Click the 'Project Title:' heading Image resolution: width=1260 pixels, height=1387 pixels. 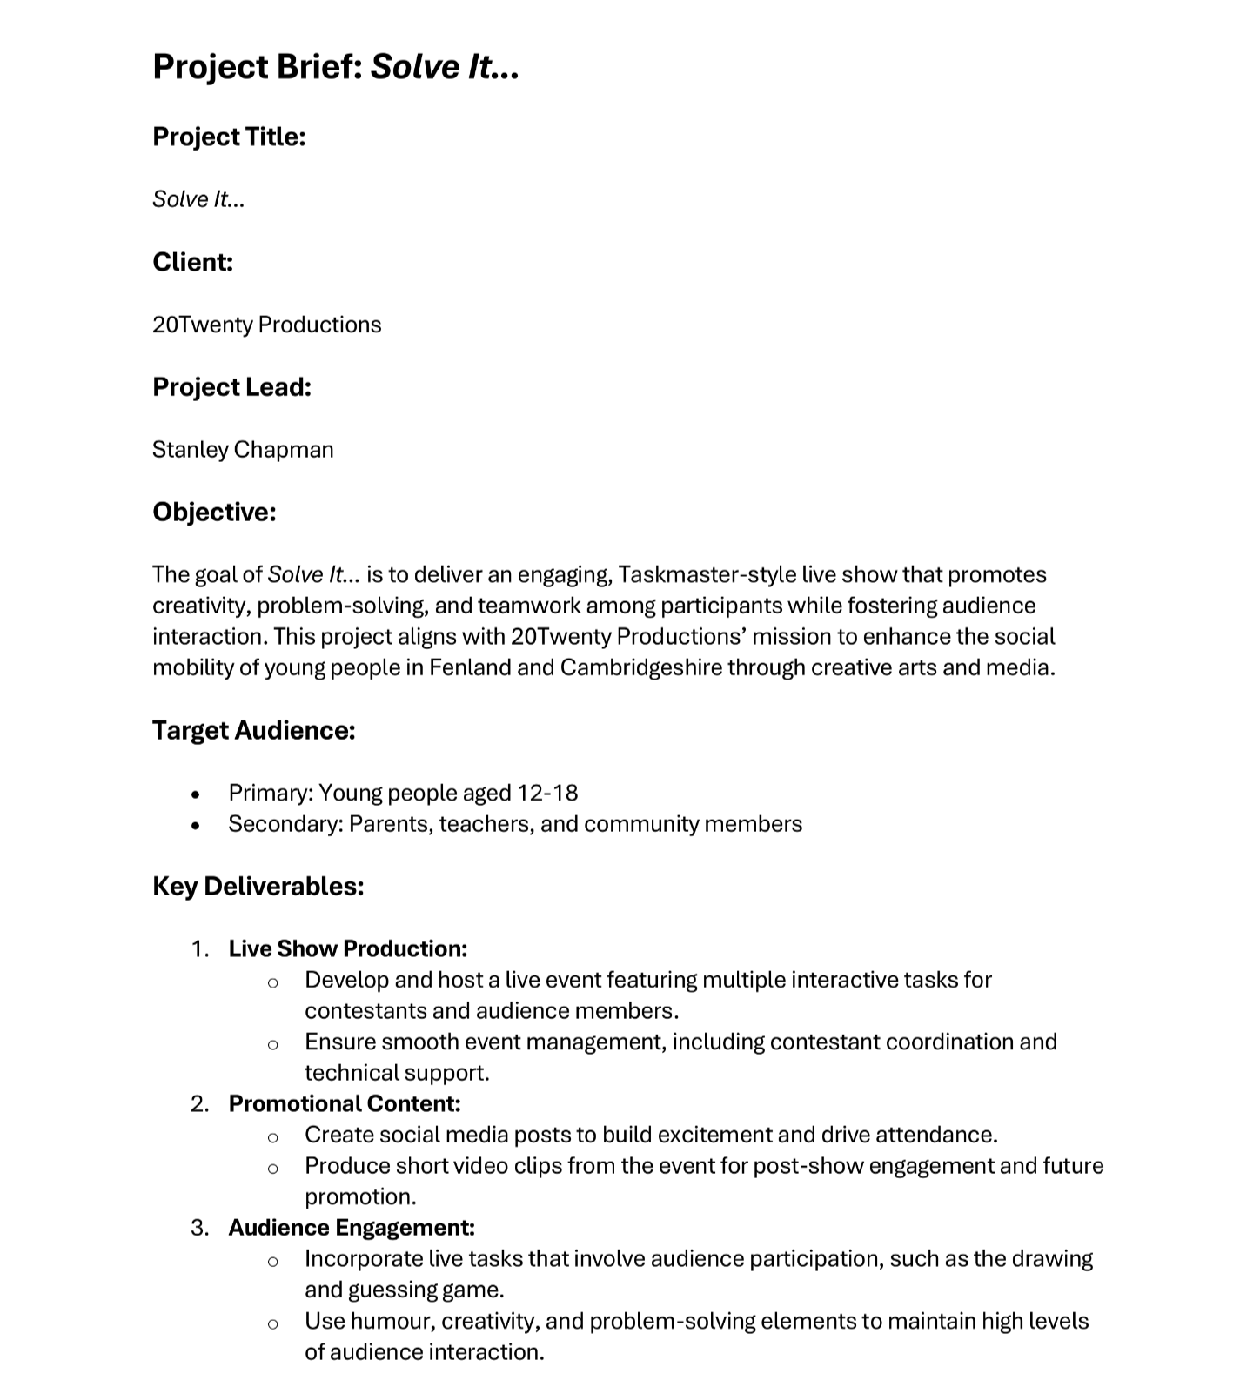click(x=229, y=137)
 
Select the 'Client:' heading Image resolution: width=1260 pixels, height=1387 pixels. click(x=192, y=262)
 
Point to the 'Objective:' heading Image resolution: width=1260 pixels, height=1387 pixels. click(x=214, y=512)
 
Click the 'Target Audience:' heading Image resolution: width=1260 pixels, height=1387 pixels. click(x=254, y=730)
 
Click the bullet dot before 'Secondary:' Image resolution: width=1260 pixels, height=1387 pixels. click(x=196, y=825)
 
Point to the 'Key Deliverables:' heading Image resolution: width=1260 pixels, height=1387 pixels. click(x=258, y=886)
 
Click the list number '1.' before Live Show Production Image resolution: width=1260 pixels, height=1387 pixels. click(x=200, y=948)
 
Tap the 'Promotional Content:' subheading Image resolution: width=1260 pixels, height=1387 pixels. click(x=345, y=1103)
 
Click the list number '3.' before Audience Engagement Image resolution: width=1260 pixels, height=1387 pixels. click(x=200, y=1228)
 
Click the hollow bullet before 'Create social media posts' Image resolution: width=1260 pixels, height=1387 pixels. click(x=272, y=1136)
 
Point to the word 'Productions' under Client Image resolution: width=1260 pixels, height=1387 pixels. click(x=319, y=325)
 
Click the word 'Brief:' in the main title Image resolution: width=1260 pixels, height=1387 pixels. click(x=319, y=67)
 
